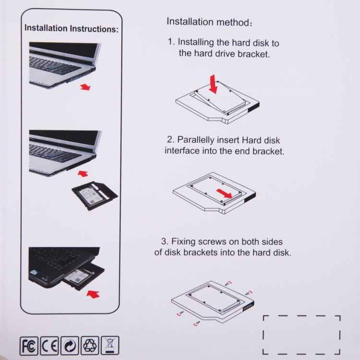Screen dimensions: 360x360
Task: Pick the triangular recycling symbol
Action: (x=90, y=345)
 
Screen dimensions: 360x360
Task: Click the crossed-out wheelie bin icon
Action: (x=110, y=345)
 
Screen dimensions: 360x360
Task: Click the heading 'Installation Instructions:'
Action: (x=71, y=28)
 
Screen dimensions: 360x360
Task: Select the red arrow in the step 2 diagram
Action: (x=226, y=193)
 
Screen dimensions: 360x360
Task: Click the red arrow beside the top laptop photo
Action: (x=85, y=87)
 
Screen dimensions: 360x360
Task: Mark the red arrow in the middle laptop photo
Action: (x=84, y=171)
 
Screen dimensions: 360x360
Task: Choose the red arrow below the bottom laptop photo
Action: (x=92, y=292)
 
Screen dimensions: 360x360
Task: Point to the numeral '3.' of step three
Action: (x=164, y=241)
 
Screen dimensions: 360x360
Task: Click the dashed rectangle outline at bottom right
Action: (x=301, y=335)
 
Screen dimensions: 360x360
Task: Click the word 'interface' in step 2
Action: (x=181, y=151)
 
